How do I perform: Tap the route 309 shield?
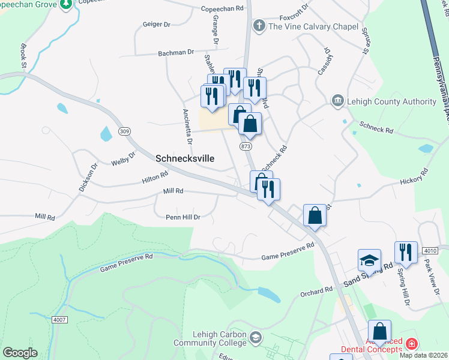click(x=124, y=131)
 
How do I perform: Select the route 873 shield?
click(x=245, y=146)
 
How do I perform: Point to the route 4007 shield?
click(x=59, y=320)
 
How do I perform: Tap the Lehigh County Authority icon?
click(x=337, y=101)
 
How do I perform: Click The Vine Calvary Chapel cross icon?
click(x=259, y=26)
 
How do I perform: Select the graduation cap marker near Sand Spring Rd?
click(x=369, y=260)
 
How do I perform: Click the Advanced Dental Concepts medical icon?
click(x=411, y=344)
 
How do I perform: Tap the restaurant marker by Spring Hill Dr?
click(x=406, y=253)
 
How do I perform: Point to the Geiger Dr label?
click(x=158, y=25)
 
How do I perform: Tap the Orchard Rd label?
click(x=316, y=291)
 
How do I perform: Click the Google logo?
click(x=20, y=353)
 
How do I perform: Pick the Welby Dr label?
click(x=124, y=158)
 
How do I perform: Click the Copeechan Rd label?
click(x=223, y=9)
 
